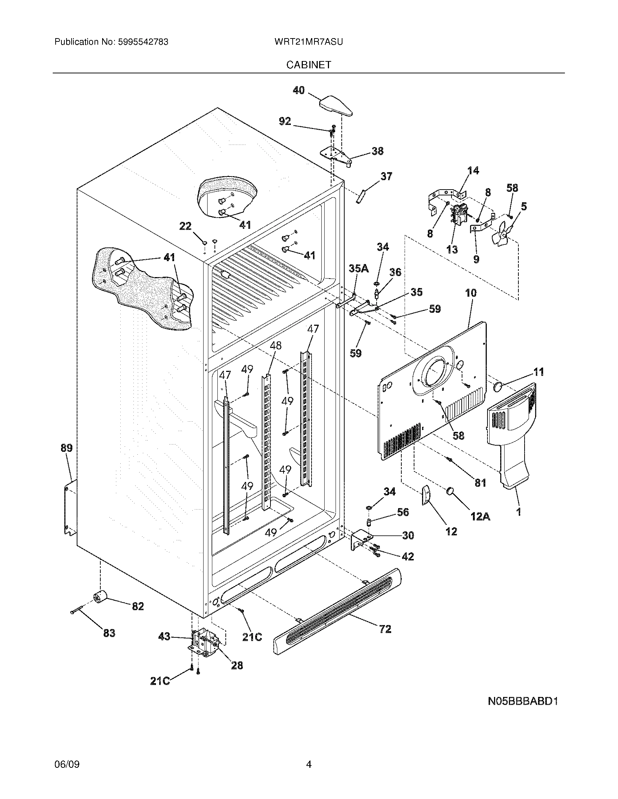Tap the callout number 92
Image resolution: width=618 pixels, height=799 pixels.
285,121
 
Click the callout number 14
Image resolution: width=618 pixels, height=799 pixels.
473,170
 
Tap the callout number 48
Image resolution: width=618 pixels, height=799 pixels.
276,345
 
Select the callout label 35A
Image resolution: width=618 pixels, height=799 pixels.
358,268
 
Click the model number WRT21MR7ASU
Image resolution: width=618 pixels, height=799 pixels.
308,42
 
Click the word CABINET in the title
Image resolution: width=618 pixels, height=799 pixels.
308,65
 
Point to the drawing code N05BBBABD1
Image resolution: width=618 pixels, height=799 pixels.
523,701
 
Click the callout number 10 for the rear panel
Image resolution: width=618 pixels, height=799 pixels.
471,293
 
